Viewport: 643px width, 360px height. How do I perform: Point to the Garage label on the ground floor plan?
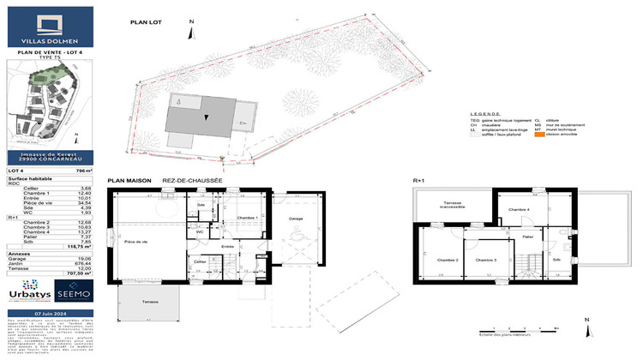click(x=297, y=219)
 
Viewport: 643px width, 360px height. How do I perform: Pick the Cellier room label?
click(x=200, y=261)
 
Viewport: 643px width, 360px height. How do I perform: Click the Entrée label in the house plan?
click(x=228, y=247)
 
